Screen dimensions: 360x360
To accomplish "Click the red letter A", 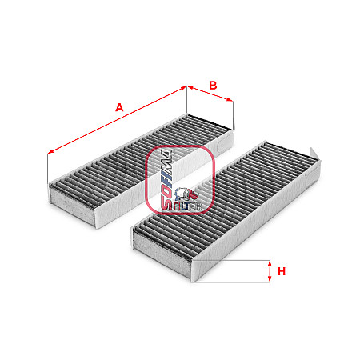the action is point(119,107).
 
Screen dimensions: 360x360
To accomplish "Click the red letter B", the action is point(213,86).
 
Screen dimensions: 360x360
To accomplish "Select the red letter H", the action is point(282,271).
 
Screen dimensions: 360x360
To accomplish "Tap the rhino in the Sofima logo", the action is point(186,194).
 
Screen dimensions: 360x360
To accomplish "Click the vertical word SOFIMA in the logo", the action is point(167,179).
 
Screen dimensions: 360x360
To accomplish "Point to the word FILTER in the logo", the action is point(187,206).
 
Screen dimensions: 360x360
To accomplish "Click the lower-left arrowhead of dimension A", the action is point(50,152).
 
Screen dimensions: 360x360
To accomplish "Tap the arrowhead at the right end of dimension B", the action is point(230,100).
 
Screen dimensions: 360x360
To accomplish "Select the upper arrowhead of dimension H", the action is point(270,263).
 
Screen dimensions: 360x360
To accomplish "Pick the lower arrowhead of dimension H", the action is point(270,278).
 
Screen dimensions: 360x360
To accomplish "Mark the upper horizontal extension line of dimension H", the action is point(233,260).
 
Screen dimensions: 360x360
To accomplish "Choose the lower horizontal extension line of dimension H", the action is point(231,282).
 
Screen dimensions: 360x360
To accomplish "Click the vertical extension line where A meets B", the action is point(187,100).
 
